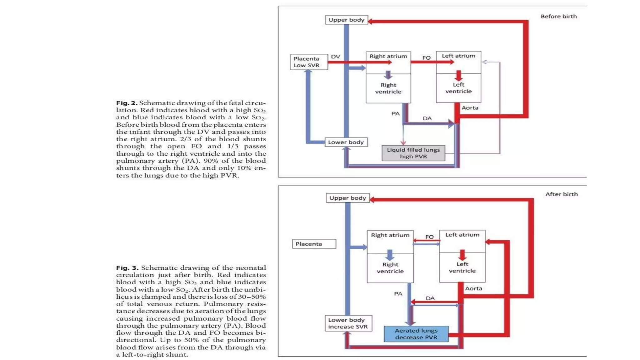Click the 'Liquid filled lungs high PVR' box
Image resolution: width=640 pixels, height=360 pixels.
(x=413, y=153)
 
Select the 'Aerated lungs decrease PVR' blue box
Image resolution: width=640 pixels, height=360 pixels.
(x=416, y=334)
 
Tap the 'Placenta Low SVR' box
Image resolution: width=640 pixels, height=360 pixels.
(x=309, y=62)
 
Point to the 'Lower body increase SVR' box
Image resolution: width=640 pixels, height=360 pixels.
(x=348, y=323)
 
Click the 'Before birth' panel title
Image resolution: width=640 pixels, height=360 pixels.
(x=558, y=17)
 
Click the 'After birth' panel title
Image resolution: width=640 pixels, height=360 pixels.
(x=561, y=194)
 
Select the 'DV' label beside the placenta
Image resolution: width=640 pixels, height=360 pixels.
(x=335, y=57)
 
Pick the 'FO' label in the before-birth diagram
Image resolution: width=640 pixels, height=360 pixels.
(x=426, y=58)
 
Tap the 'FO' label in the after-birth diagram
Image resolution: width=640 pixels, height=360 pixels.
(x=429, y=237)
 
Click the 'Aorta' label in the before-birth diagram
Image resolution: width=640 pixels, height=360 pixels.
(x=470, y=108)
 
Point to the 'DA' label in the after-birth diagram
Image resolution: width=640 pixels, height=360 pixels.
(x=430, y=298)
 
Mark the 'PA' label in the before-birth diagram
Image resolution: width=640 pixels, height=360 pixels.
(x=395, y=113)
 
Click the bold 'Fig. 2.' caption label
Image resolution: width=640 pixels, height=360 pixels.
(x=127, y=103)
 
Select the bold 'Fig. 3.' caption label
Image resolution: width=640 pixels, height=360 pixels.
(x=127, y=268)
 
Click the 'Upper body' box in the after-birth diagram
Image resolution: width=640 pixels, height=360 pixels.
(x=347, y=198)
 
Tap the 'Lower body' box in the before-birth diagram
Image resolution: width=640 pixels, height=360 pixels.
(x=346, y=142)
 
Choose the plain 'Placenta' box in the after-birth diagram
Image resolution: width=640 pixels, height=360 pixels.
(x=314, y=244)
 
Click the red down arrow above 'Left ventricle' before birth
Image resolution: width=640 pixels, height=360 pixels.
(x=458, y=76)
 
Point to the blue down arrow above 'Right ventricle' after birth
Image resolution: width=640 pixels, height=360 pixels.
(x=390, y=255)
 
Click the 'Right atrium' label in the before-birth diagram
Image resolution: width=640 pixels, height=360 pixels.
(x=388, y=56)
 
